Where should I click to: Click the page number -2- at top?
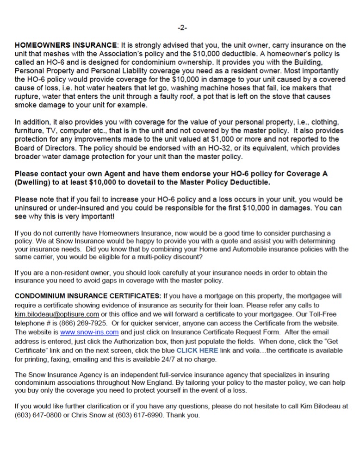tap(182, 28)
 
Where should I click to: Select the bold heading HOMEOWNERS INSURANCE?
tap(66, 45)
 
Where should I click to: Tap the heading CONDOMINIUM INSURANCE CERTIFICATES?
tap(88, 295)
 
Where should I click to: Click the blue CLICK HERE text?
tap(197, 350)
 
